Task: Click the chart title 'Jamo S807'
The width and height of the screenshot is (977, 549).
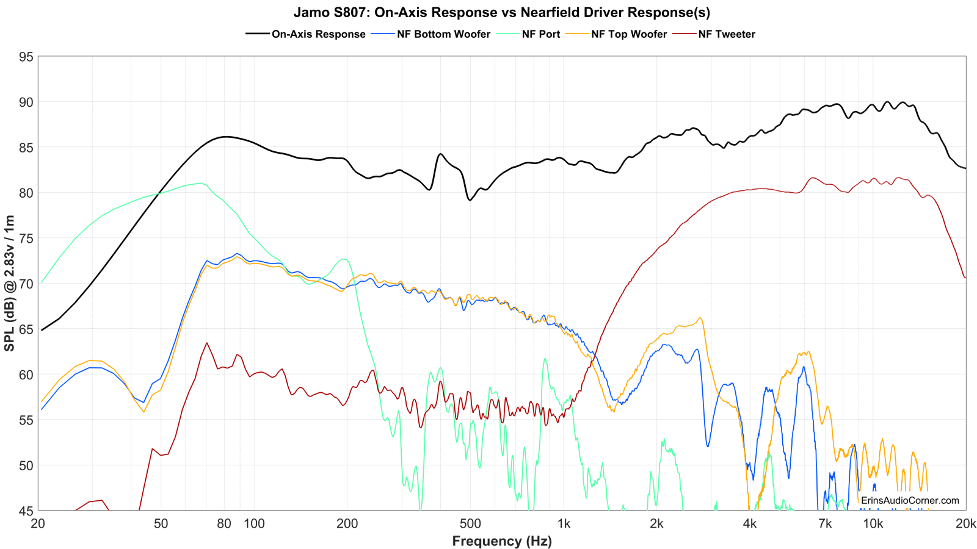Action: point(501,12)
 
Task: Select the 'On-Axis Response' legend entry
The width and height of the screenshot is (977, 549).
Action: point(318,34)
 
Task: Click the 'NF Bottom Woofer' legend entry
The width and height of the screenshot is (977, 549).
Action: point(443,34)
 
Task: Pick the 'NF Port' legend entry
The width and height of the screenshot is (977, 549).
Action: point(540,34)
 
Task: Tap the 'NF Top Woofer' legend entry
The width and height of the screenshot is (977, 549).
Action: point(629,34)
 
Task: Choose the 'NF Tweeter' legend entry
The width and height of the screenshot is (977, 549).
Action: point(727,34)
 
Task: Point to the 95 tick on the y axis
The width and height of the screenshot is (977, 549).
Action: point(26,57)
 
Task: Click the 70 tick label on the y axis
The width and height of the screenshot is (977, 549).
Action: point(26,284)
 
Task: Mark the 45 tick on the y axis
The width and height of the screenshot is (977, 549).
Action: point(26,511)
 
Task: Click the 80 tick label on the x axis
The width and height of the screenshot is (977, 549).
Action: point(224,524)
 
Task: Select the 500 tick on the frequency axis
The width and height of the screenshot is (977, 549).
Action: point(470,524)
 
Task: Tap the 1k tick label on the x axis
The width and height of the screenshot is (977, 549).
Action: point(564,524)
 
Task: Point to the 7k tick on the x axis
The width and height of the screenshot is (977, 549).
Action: point(825,524)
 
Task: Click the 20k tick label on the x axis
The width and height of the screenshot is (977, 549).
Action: point(965,524)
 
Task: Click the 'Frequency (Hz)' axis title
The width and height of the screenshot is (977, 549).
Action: point(502,541)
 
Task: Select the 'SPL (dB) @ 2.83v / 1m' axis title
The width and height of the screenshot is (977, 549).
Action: point(10,284)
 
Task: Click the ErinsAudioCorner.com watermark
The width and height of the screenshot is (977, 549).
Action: point(910,500)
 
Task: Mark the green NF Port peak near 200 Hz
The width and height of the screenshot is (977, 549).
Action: point(345,259)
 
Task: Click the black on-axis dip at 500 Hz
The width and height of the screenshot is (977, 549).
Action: point(470,200)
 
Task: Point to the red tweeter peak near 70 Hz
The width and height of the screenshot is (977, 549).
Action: point(207,343)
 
